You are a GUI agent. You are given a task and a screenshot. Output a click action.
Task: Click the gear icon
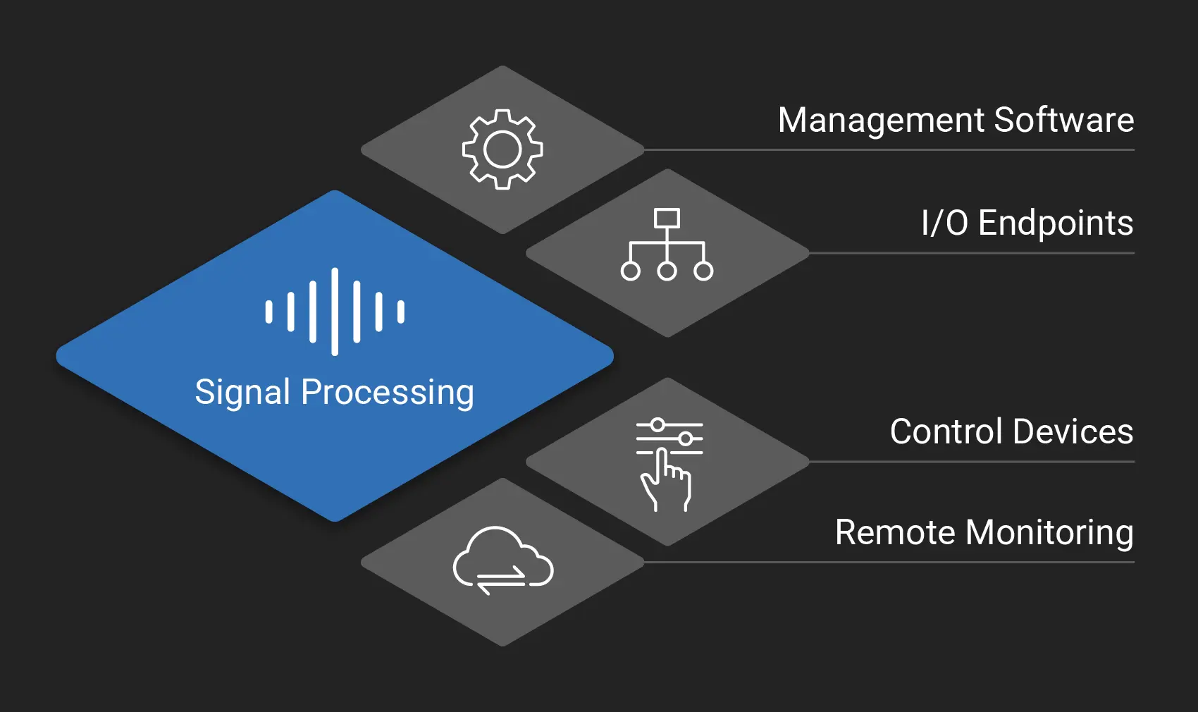coord(502,149)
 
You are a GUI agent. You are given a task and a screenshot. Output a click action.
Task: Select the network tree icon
coord(667,245)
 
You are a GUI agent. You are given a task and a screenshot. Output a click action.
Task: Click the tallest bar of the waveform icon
coord(335,311)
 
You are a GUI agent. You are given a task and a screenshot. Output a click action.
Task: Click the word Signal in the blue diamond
coord(242,392)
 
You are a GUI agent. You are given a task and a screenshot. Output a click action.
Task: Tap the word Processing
coord(387,392)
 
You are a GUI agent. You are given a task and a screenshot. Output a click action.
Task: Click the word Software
coord(1063,120)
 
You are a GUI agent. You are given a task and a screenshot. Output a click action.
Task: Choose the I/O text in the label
coord(944,223)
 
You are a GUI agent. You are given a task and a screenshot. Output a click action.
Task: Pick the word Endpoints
coord(1055,223)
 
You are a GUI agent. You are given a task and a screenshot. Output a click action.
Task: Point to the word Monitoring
coord(1049,532)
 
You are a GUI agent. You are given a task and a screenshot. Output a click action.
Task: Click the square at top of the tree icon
coord(667,218)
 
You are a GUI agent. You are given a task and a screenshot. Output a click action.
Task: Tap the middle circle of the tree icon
coord(667,271)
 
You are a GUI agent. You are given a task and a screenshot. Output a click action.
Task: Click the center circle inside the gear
coord(502,149)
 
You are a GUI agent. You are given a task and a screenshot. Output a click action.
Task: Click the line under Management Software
coord(888,150)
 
